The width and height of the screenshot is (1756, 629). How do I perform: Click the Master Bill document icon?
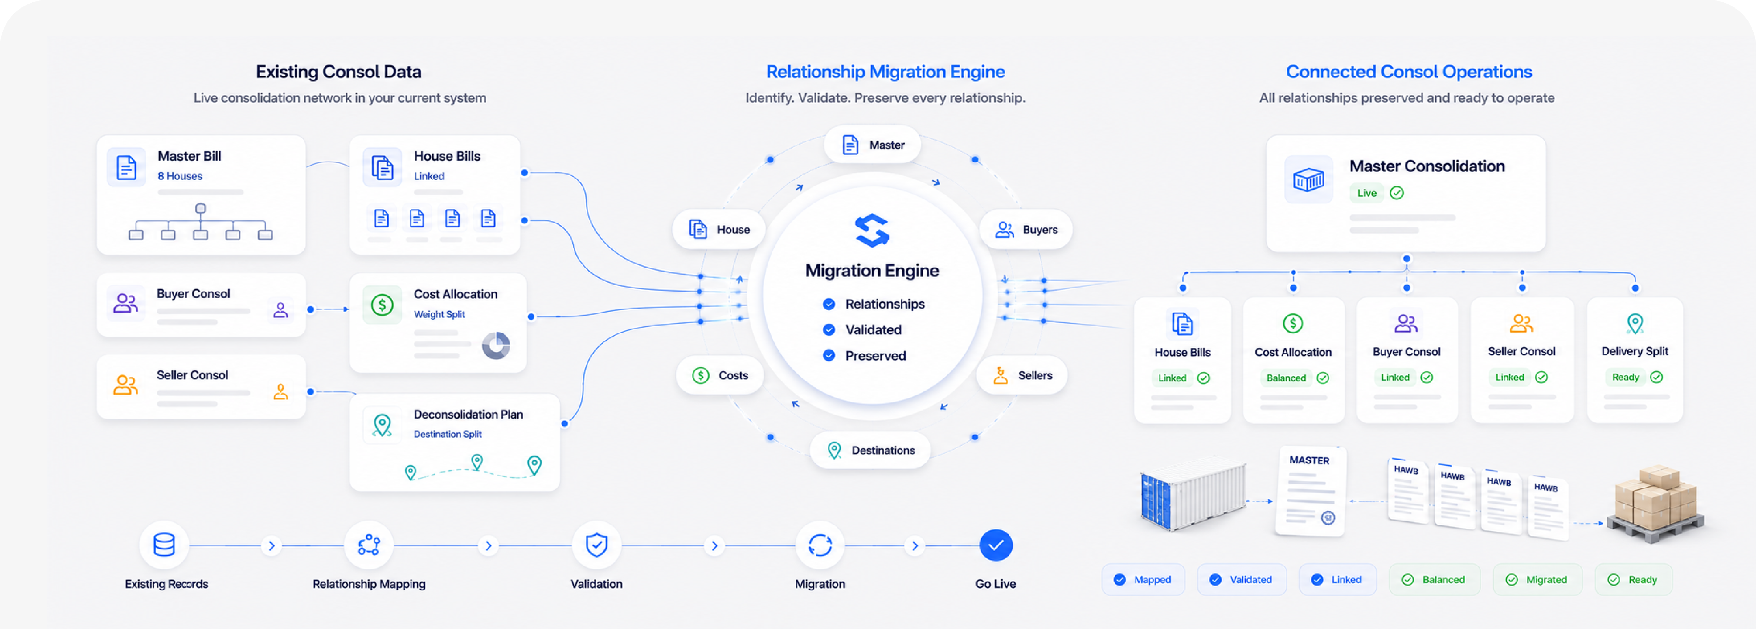(x=127, y=167)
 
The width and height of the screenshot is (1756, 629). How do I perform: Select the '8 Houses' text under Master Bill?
(x=180, y=176)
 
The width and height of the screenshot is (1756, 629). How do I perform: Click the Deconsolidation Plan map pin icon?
(x=383, y=425)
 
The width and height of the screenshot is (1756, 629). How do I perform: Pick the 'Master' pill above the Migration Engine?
(x=872, y=145)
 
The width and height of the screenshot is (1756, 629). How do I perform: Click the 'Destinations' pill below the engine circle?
(x=871, y=450)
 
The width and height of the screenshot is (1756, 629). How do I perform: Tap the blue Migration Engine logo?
(x=872, y=230)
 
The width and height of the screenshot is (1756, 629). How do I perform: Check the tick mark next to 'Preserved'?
(x=829, y=355)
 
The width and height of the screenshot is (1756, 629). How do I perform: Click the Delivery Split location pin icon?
(x=1635, y=324)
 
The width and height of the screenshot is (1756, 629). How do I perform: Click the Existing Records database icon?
(x=164, y=545)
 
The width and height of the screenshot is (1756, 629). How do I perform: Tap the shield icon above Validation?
(x=596, y=545)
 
